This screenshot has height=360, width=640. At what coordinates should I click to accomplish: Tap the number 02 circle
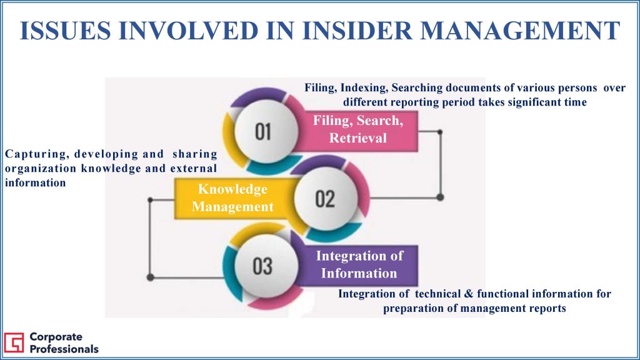point(325,198)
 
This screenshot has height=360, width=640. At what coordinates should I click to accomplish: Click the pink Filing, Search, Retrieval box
point(358,131)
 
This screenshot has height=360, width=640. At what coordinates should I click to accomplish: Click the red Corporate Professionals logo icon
point(14,342)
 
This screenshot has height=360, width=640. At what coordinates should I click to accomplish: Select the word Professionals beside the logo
point(64,349)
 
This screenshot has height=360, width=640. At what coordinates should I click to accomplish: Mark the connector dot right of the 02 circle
point(440,197)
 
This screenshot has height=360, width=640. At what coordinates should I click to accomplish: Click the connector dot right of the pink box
point(440,132)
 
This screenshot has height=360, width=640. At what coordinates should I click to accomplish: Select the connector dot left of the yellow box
point(150,200)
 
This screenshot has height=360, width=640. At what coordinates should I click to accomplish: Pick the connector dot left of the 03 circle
point(150,277)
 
